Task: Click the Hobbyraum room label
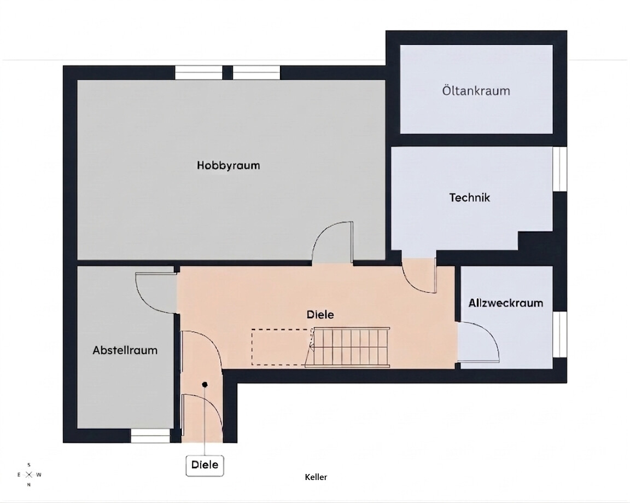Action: (x=228, y=166)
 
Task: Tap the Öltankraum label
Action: (x=476, y=90)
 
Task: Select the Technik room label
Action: (x=470, y=198)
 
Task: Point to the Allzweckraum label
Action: (x=506, y=303)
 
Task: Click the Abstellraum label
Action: (x=125, y=350)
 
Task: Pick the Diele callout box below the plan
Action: (x=205, y=465)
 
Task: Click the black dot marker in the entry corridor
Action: (x=205, y=385)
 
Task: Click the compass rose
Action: (x=29, y=475)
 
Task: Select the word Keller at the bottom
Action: (x=316, y=477)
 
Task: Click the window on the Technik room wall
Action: (x=559, y=169)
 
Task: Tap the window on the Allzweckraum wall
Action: (x=559, y=334)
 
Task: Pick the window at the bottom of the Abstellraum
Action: (x=151, y=436)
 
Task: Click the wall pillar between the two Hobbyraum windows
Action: (x=227, y=73)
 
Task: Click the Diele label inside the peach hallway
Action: (x=320, y=314)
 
